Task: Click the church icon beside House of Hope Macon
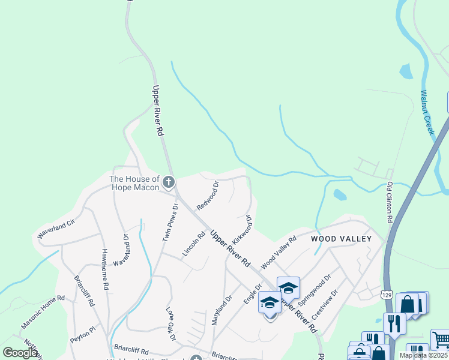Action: pos(169,182)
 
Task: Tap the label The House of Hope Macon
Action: pos(134,183)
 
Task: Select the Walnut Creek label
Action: pos(427,112)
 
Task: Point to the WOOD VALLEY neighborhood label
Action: pos(341,239)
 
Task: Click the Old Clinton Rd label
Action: pos(390,203)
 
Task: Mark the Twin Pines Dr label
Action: pos(170,222)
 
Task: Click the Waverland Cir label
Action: pos(56,230)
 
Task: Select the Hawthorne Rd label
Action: pos(104,270)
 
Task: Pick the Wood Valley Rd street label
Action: pos(279,253)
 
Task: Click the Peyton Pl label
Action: pos(82,331)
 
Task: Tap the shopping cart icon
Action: pos(440,340)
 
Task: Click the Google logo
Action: pos(20,353)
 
